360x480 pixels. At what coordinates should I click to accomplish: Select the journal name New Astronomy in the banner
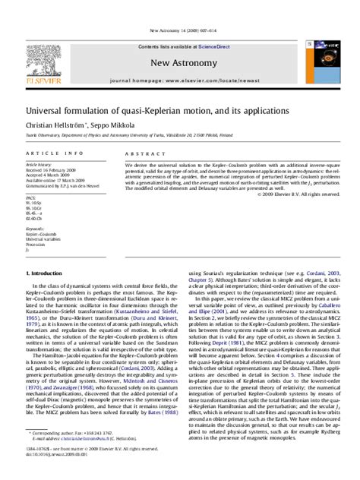179,62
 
